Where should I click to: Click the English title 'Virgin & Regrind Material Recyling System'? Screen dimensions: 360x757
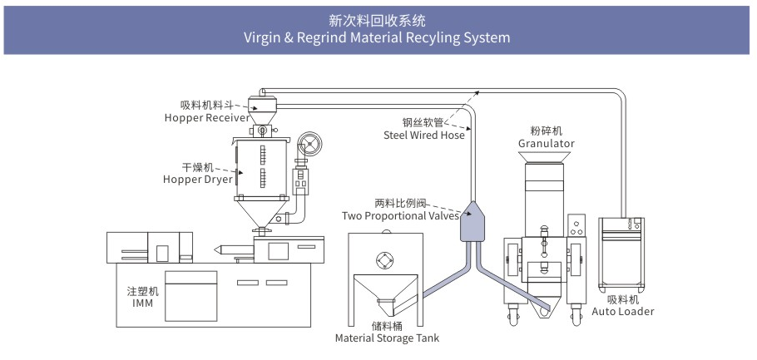378,37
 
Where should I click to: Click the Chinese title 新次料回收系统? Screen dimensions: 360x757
378,19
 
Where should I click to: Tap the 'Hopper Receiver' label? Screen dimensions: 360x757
205,118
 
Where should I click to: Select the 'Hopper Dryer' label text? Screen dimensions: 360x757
198,179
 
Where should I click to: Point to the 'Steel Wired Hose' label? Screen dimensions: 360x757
423,135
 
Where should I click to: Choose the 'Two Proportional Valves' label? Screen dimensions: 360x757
400,216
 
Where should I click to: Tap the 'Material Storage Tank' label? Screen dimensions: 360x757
387,338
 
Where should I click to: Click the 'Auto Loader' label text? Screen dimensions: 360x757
622,312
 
